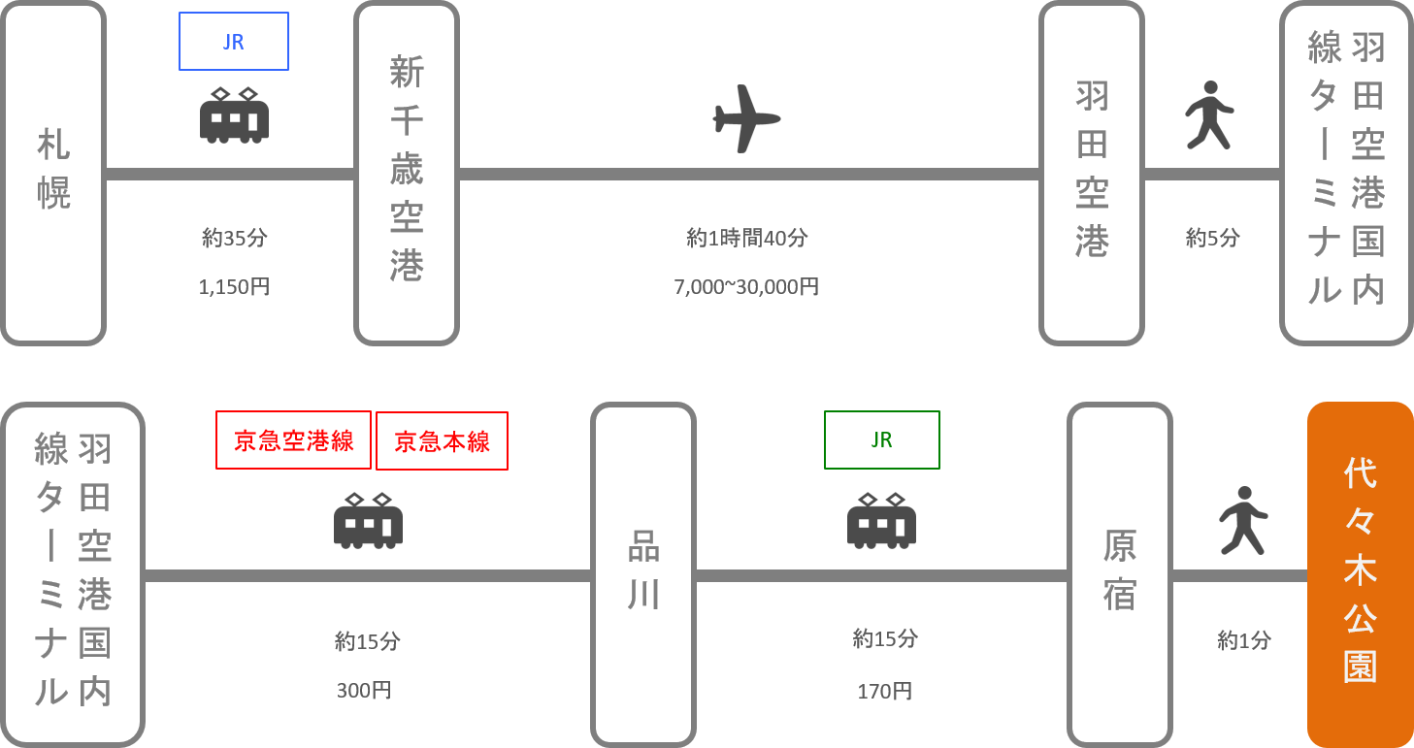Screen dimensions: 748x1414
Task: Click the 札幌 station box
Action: tap(53, 174)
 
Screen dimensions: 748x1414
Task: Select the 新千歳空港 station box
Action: tap(407, 174)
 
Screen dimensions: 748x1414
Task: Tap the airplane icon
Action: tap(746, 118)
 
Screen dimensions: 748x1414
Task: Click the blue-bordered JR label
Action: tap(234, 42)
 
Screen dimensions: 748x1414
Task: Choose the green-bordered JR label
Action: tap(881, 440)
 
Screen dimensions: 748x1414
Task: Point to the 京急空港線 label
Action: tap(293, 441)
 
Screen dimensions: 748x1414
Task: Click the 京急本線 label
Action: tap(442, 441)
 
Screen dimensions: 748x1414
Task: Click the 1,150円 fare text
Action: tap(233, 287)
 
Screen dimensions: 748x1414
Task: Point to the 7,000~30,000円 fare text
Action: tap(746, 287)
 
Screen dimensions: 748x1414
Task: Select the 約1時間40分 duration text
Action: tap(746, 238)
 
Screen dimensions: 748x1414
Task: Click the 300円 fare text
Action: tap(365, 691)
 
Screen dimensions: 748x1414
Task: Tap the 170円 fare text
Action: tap(884, 691)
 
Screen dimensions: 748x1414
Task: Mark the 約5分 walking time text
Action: tap(1212, 238)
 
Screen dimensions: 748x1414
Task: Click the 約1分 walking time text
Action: tap(1243, 640)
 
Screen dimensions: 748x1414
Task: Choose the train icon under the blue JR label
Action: tap(234, 115)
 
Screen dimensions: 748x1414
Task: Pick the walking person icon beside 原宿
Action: tap(1243, 520)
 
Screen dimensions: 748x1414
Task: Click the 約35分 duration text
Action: tap(233, 238)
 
